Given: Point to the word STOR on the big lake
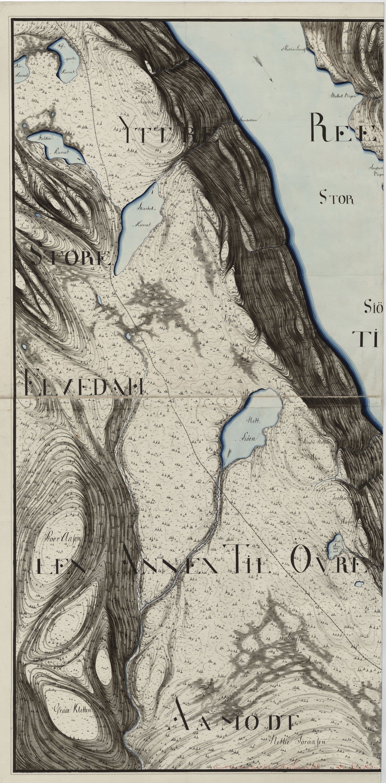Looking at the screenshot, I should click(x=337, y=199).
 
